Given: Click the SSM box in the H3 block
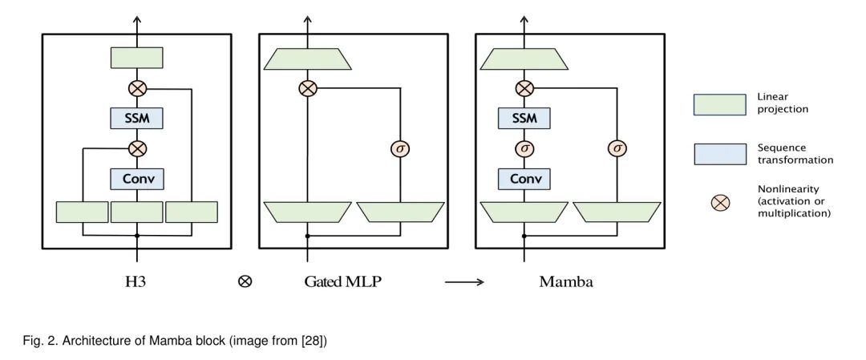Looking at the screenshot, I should click(x=137, y=119).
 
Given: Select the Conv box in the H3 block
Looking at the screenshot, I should click(x=137, y=178).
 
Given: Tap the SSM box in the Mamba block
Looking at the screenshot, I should click(x=524, y=119).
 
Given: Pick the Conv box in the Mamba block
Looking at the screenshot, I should click(x=524, y=178).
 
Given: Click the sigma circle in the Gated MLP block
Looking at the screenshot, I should click(x=399, y=148).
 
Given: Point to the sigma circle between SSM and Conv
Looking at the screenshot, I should click(x=524, y=148).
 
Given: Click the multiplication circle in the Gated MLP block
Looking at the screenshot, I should click(x=307, y=88).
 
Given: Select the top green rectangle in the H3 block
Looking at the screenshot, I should click(x=137, y=58).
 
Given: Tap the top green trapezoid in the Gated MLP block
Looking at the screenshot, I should click(x=307, y=58).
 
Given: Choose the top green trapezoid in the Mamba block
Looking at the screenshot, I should click(x=524, y=58).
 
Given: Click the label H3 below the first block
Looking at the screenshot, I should click(x=137, y=281).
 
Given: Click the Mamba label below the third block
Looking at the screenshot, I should click(x=566, y=281).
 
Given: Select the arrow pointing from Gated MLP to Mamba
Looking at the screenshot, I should click(x=464, y=281).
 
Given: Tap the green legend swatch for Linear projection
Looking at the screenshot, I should click(x=721, y=103).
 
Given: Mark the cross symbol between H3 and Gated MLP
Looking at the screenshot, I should click(x=245, y=281).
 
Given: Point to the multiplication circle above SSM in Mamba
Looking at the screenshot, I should click(x=524, y=88).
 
